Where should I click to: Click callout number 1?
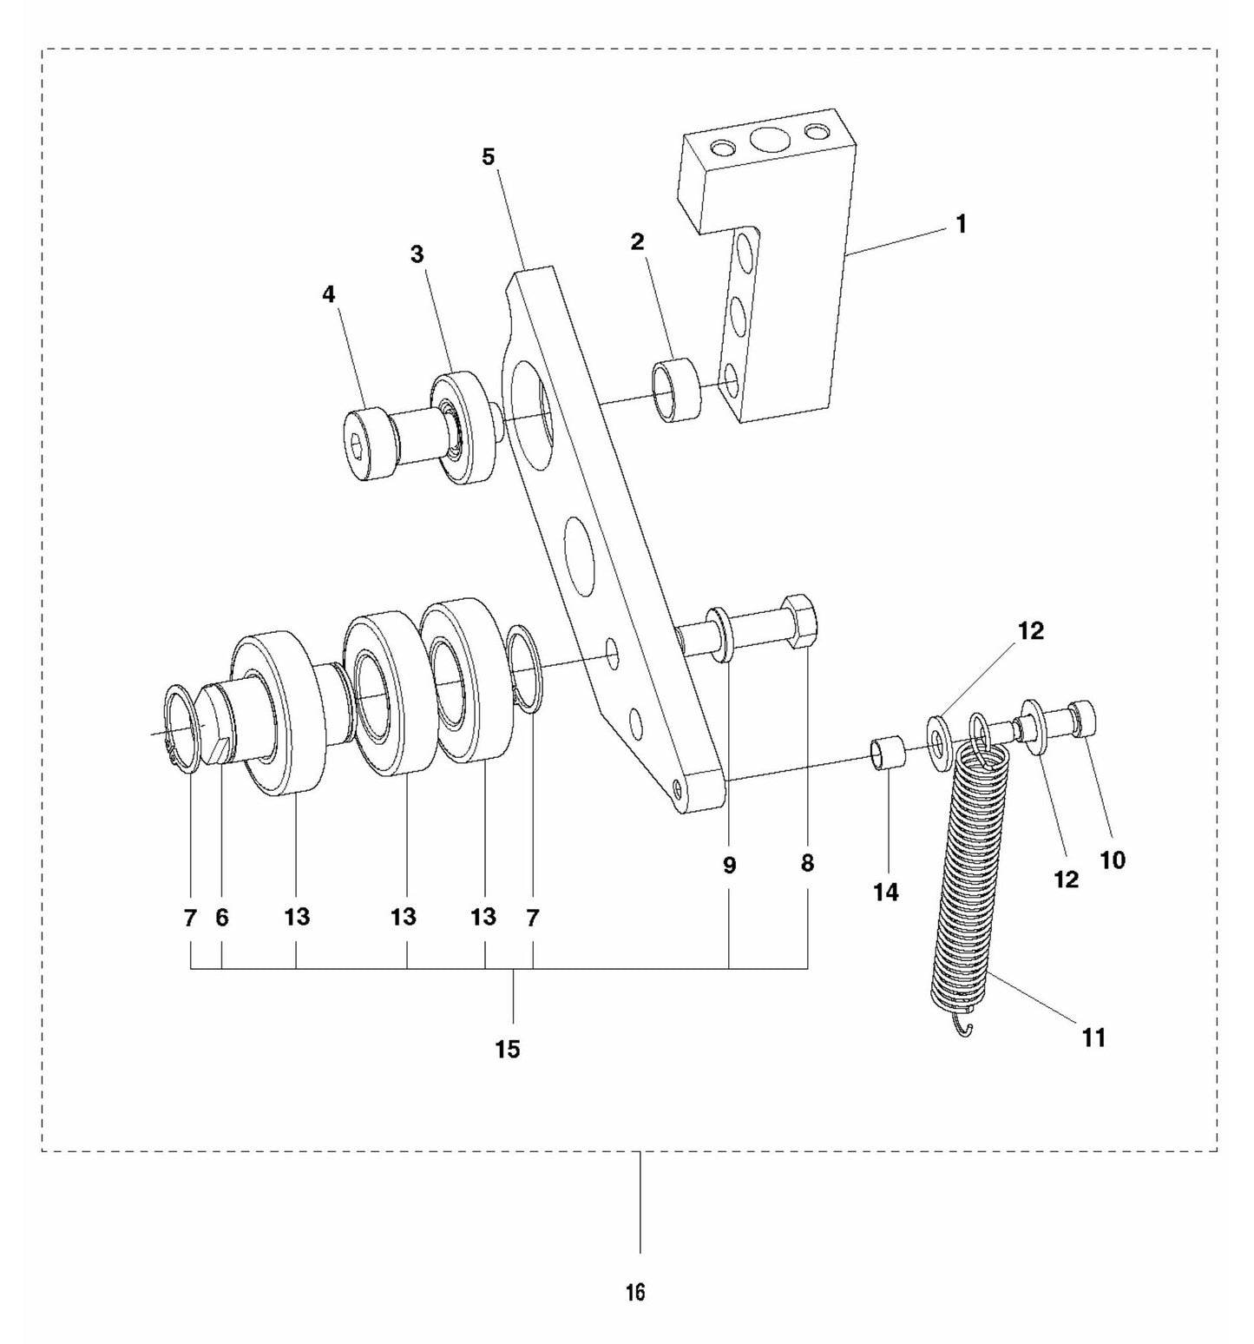coord(960,224)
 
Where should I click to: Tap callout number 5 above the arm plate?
coord(489,157)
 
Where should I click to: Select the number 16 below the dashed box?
coord(635,1292)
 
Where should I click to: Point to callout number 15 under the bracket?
coord(508,1049)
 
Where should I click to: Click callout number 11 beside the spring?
coord(1093,1037)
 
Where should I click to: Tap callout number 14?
coord(886,892)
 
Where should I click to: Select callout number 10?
coord(1112,860)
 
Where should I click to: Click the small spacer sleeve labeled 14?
coord(888,752)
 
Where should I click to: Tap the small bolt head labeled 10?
coord(1085,719)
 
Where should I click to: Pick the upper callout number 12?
coord(1031,631)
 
